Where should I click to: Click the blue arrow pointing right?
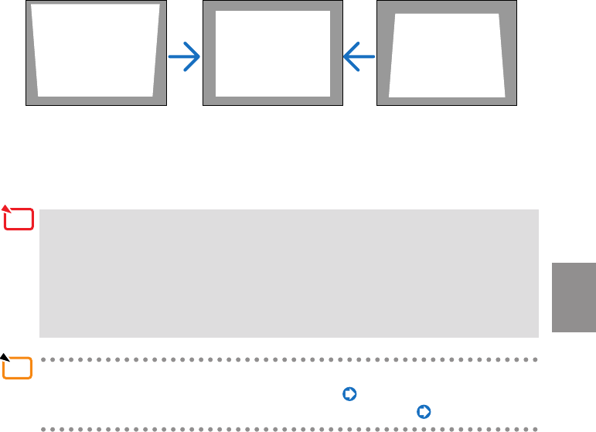coord(185,57)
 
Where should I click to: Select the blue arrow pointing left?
coord(359,57)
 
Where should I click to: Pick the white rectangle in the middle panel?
coord(271,53)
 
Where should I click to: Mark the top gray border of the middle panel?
coord(271,5)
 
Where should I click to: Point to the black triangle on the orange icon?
coord(5,358)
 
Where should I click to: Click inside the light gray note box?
coord(288,272)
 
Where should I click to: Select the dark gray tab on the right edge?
coord(574,298)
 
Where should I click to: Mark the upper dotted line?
coord(288,359)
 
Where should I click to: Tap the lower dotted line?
coord(288,428)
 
